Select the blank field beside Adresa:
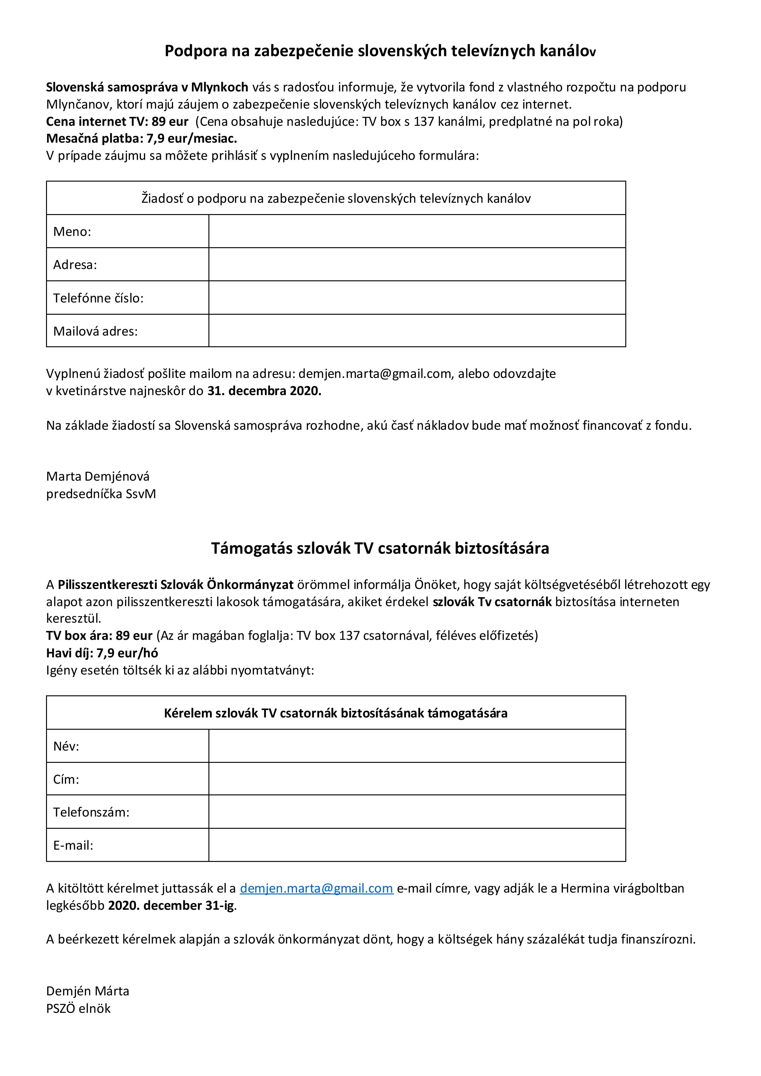pos(417,264)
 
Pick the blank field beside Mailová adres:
pos(417,331)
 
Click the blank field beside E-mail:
pos(417,845)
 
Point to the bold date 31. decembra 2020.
pos(264,391)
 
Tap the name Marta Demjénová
pos(98,477)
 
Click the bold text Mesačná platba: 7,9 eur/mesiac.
pos(142,139)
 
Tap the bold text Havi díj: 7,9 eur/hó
pos(102,653)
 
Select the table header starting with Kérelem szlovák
pos(336,713)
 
